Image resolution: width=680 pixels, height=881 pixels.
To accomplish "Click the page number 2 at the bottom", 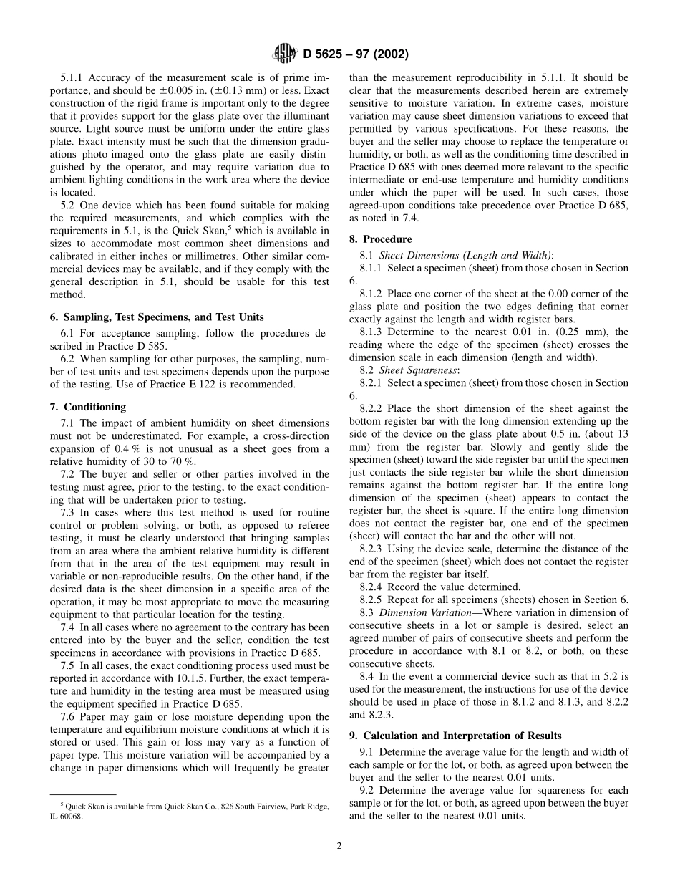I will coord(339,845).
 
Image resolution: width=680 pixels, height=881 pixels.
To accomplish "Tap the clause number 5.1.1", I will coord(74,77).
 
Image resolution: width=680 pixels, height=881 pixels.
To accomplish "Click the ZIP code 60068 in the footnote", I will coord(72,816).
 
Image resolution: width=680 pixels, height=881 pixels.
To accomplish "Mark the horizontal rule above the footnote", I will coord(82,794).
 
